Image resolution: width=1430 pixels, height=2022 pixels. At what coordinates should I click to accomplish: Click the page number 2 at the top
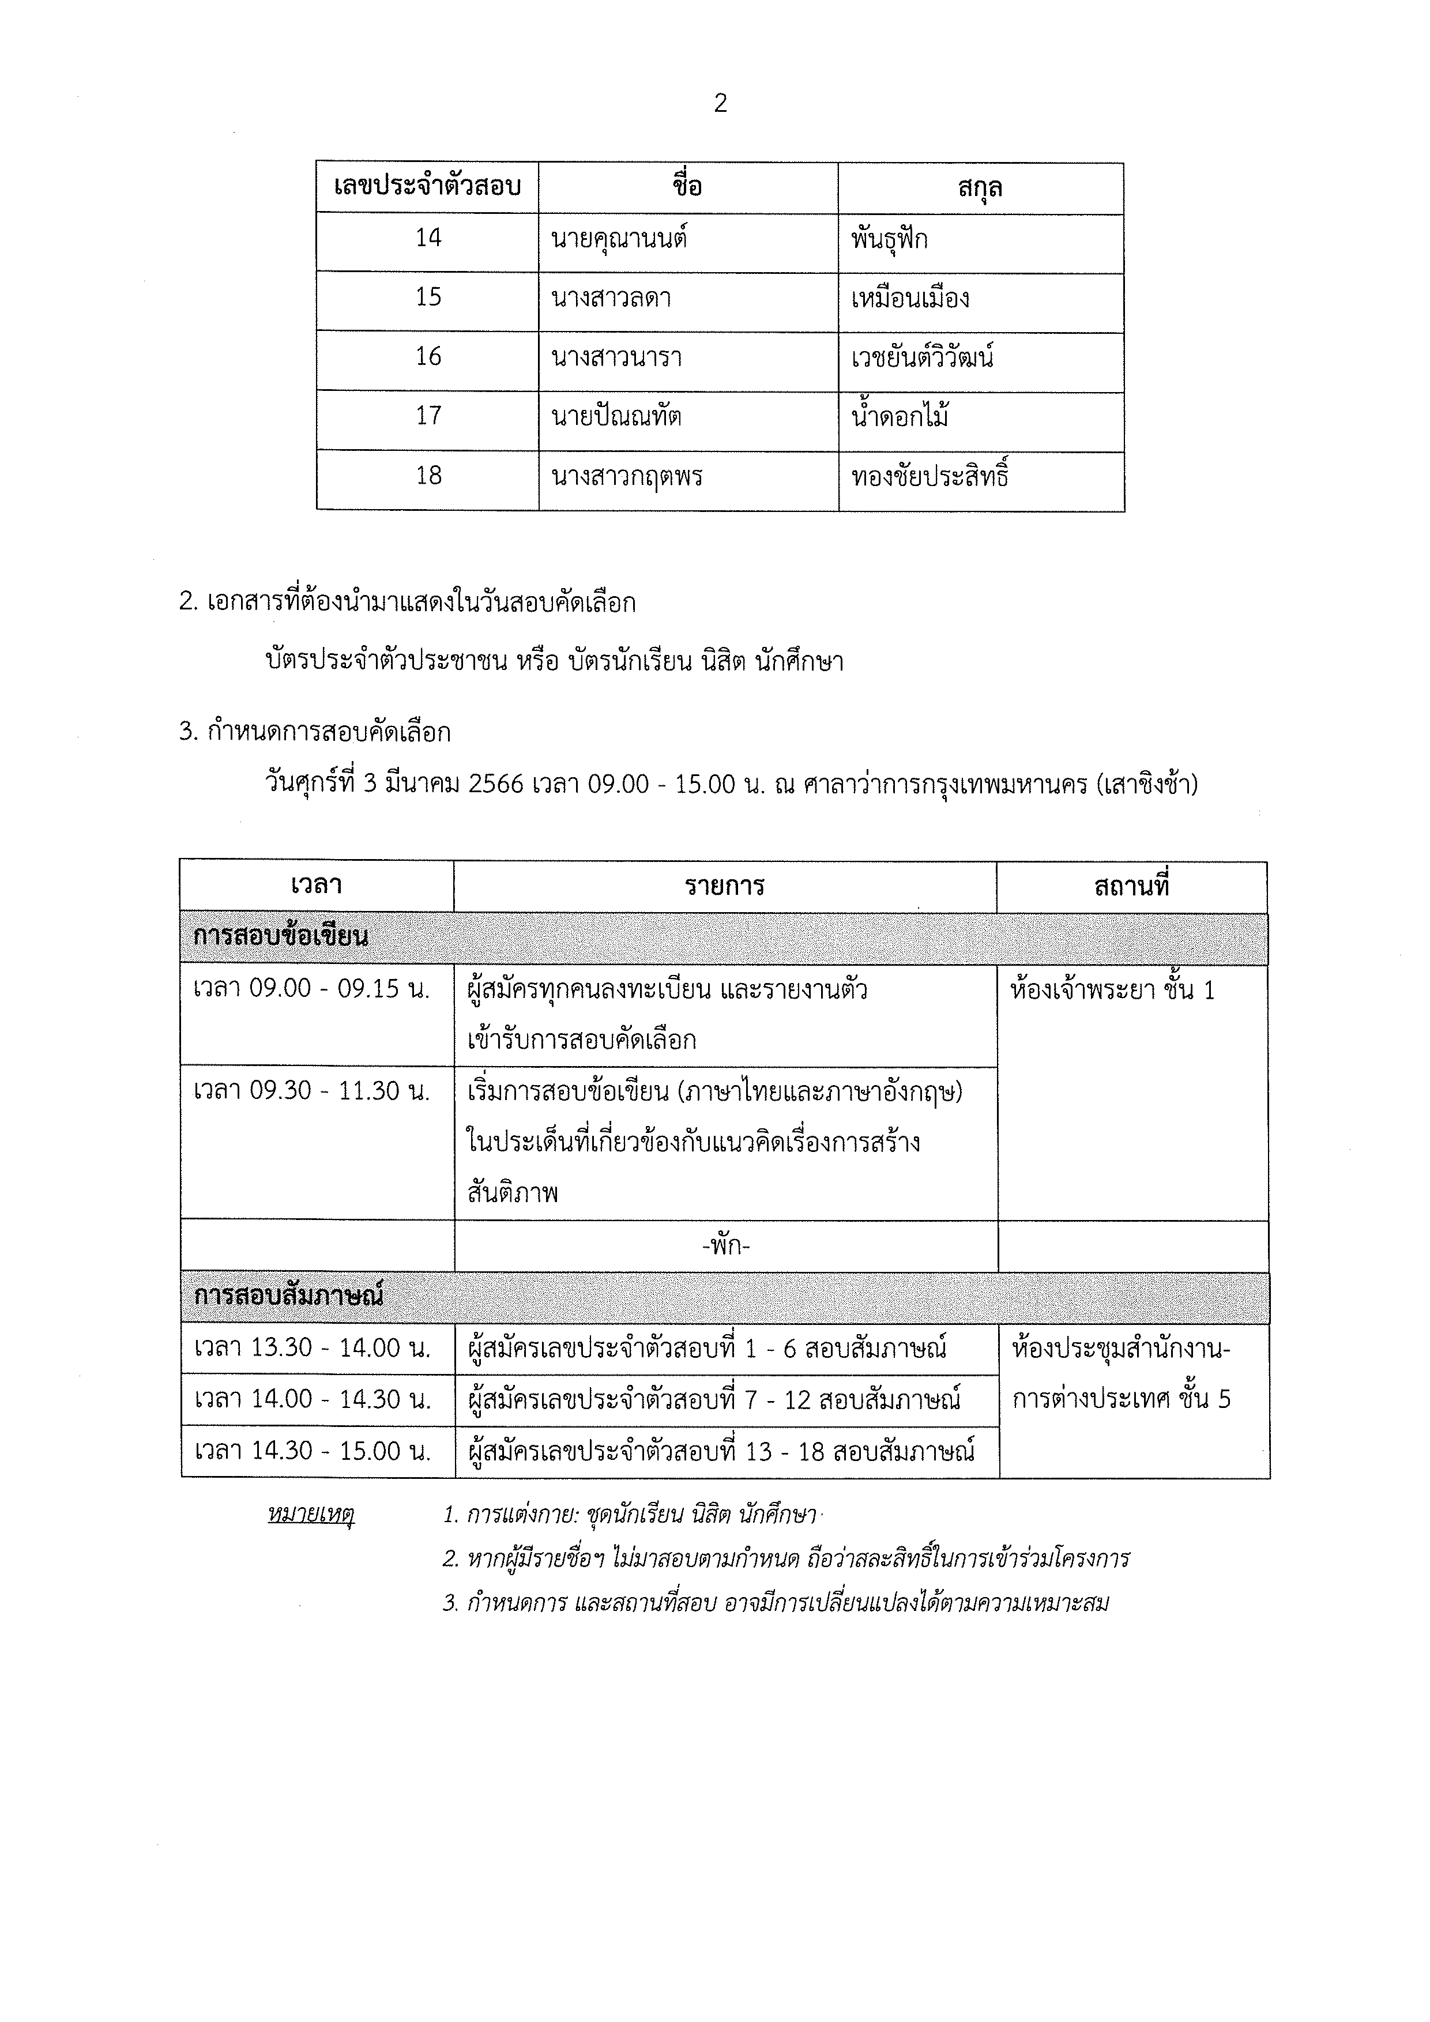(x=720, y=104)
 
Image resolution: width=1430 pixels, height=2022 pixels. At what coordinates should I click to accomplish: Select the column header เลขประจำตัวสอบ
(x=427, y=187)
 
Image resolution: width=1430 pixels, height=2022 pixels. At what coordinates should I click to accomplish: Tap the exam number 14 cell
(x=428, y=238)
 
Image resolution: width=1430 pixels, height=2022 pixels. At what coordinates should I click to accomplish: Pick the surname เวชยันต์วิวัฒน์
(x=922, y=357)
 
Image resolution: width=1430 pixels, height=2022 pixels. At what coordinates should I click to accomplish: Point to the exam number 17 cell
(x=428, y=416)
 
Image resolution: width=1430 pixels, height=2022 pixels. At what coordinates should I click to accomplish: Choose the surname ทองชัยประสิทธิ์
(x=929, y=476)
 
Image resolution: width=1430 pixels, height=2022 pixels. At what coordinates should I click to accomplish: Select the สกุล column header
(x=980, y=187)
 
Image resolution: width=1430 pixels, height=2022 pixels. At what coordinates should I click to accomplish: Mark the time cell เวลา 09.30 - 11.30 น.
(x=312, y=1091)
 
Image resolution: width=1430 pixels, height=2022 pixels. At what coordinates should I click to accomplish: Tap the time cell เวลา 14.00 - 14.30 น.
(x=313, y=1399)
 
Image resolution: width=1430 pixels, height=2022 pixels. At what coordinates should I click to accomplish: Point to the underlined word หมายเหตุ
(x=310, y=1515)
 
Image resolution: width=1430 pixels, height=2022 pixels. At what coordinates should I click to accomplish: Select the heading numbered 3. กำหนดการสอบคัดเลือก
(x=314, y=732)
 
